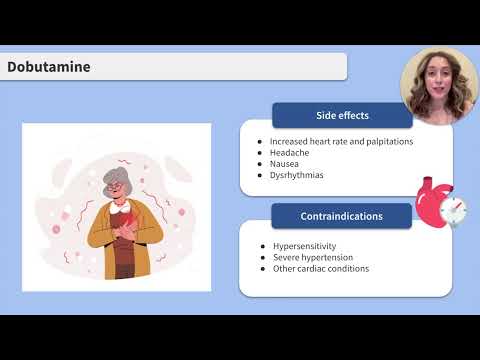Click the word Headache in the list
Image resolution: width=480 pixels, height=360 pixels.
coord(290,152)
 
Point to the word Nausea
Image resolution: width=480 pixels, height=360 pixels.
coord(286,163)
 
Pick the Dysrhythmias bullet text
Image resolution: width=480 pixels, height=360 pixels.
coord(296,175)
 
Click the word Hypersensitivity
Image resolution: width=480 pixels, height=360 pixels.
coord(304,245)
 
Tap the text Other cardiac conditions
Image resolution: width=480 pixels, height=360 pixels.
coord(321,268)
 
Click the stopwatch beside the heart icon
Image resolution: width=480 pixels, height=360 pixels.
coord(452,211)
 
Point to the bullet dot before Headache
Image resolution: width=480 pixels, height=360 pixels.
coord(260,152)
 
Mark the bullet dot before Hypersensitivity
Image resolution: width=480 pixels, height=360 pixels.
coord(260,245)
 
